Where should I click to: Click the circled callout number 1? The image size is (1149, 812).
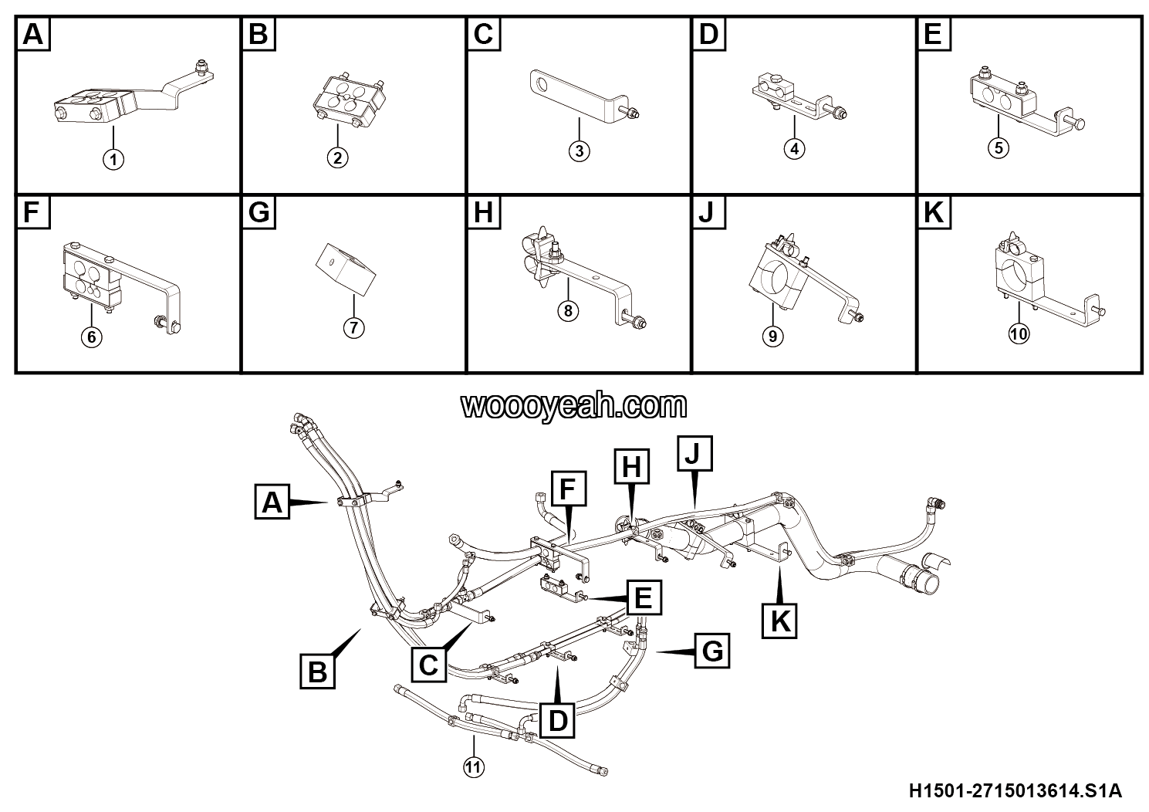(113, 160)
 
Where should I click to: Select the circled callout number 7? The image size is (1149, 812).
(354, 328)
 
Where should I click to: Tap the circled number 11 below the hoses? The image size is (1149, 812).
(474, 767)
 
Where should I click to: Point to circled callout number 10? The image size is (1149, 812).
(1019, 334)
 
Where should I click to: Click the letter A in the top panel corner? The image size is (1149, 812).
(33, 35)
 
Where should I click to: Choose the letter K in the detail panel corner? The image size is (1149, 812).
(934, 212)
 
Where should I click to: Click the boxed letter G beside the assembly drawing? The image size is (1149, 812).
(712, 651)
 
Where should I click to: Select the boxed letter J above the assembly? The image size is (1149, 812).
(694, 453)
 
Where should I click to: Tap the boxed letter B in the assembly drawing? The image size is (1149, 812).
(317, 671)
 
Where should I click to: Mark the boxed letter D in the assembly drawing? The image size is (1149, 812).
(557, 721)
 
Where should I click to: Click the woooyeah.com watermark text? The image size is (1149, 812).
(573, 406)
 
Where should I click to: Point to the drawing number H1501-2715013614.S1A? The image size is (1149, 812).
(1016, 791)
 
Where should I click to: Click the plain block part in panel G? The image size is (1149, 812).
(345, 270)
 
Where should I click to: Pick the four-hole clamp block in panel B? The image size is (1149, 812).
(348, 100)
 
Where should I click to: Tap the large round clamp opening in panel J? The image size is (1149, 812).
(778, 279)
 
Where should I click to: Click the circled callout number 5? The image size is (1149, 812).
(999, 148)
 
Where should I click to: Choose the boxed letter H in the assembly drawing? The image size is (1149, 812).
(632, 466)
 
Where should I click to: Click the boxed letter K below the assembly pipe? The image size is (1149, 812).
(779, 621)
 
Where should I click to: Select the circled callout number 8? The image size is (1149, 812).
(568, 311)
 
